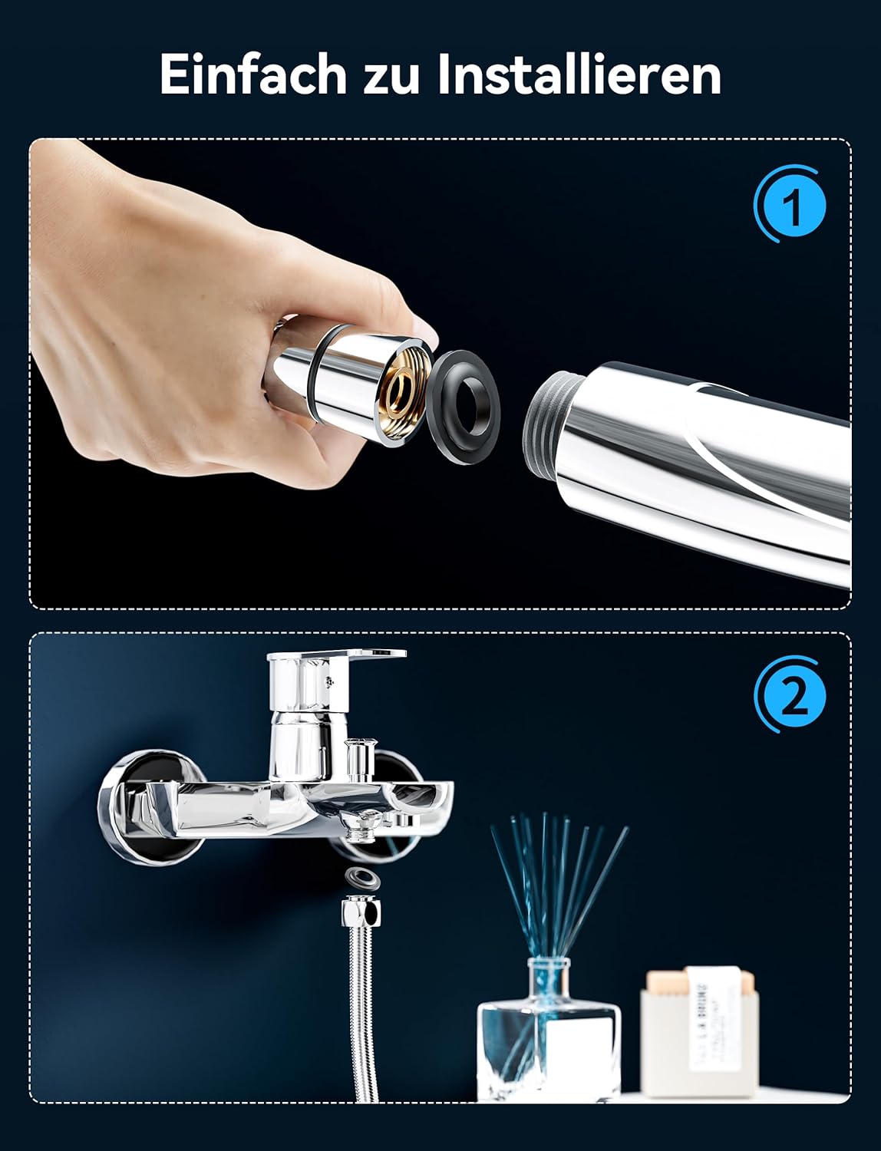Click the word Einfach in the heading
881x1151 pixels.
253,74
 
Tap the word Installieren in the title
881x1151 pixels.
579,74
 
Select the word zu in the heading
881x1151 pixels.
391,79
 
